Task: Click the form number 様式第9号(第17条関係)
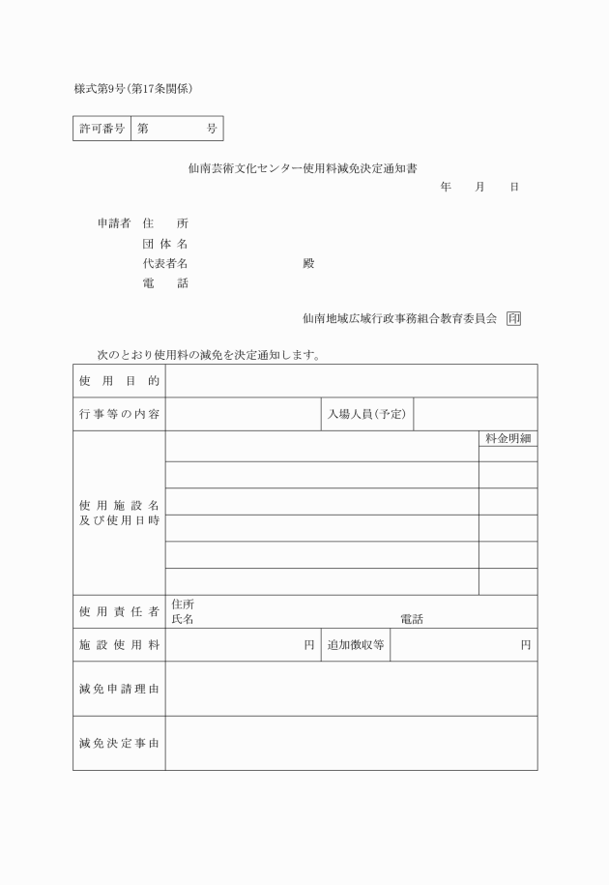134,89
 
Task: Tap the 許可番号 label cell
101,129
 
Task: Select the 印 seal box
513,317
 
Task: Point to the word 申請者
114,223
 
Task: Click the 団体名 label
164,244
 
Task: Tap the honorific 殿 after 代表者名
308,263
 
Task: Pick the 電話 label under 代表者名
164,283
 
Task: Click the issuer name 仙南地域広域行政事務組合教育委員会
399,317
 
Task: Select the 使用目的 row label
119,381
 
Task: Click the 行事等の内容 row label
119,414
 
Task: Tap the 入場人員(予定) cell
366,414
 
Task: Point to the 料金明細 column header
508,439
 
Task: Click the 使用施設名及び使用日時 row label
119,514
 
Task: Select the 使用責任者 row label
119,611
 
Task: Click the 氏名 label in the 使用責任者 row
182,619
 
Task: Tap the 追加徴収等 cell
356,644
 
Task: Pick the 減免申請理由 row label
119,689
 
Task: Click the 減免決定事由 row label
119,743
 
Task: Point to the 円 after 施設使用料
309,644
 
